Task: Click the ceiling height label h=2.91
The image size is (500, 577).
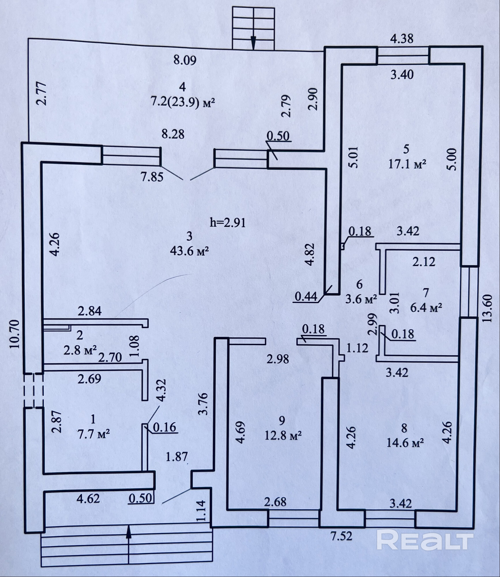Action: coord(228,223)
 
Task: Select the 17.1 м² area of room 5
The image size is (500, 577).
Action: coord(407,164)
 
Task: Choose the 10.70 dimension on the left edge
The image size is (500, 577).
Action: coord(15,334)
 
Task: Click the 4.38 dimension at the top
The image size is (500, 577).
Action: coord(402,38)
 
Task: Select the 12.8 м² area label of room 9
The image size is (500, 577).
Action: coord(283,435)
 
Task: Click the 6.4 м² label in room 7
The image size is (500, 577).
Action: coord(426,308)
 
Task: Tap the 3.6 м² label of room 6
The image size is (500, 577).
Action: coord(361,299)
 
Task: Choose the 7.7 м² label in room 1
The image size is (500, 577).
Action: coord(93,434)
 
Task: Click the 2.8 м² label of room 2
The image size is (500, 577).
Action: coord(80,351)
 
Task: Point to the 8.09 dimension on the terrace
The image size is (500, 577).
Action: coord(185,60)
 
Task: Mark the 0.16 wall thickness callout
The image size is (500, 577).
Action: coord(164,427)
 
